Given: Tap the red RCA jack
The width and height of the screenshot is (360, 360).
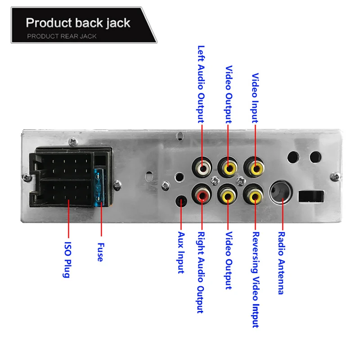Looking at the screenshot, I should (202, 195).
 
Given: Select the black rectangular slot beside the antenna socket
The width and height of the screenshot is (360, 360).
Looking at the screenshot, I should (312, 196).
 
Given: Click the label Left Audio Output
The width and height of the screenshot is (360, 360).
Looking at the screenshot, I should (201, 84).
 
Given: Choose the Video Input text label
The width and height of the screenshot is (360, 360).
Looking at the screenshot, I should (255, 98).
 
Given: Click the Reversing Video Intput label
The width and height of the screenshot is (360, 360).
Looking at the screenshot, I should (255, 279).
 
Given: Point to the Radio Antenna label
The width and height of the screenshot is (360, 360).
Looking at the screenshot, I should (281, 263).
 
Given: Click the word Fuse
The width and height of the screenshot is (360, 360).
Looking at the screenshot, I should (100, 252).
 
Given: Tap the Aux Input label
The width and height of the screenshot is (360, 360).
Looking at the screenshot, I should (181, 252).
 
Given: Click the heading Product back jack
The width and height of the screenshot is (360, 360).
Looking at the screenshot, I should (78, 22).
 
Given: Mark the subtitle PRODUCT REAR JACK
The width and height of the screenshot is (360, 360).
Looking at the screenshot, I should (62, 36).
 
